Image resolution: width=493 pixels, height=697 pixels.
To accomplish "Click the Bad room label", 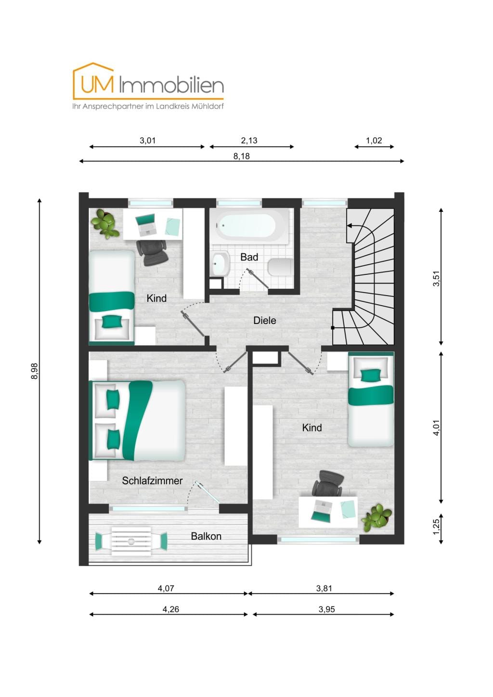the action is (x=249, y=257).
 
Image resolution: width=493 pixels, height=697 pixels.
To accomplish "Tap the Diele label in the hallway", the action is (x=264, y=321).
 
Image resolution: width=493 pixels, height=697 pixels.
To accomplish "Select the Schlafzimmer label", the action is (x=152, y=481).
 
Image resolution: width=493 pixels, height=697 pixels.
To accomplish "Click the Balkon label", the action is (x=206, y=536).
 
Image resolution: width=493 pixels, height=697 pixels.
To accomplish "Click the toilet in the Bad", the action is (x=280, y=267).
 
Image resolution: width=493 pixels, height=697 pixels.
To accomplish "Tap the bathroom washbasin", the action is (x=221, y=263).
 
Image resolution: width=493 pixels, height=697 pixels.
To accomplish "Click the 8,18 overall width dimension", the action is (x=242, y=156).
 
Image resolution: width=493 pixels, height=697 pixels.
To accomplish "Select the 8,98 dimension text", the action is (x=34, y=371).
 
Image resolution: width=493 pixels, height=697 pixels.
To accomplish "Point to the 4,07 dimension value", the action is (x=166, y=588).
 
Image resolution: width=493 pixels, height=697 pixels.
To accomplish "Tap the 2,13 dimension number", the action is (x=249, y=141).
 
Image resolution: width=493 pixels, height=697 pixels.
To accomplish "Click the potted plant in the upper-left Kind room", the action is (x=105, y=223).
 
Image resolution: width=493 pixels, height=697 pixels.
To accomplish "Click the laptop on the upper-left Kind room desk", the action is (x=145, y=225).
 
